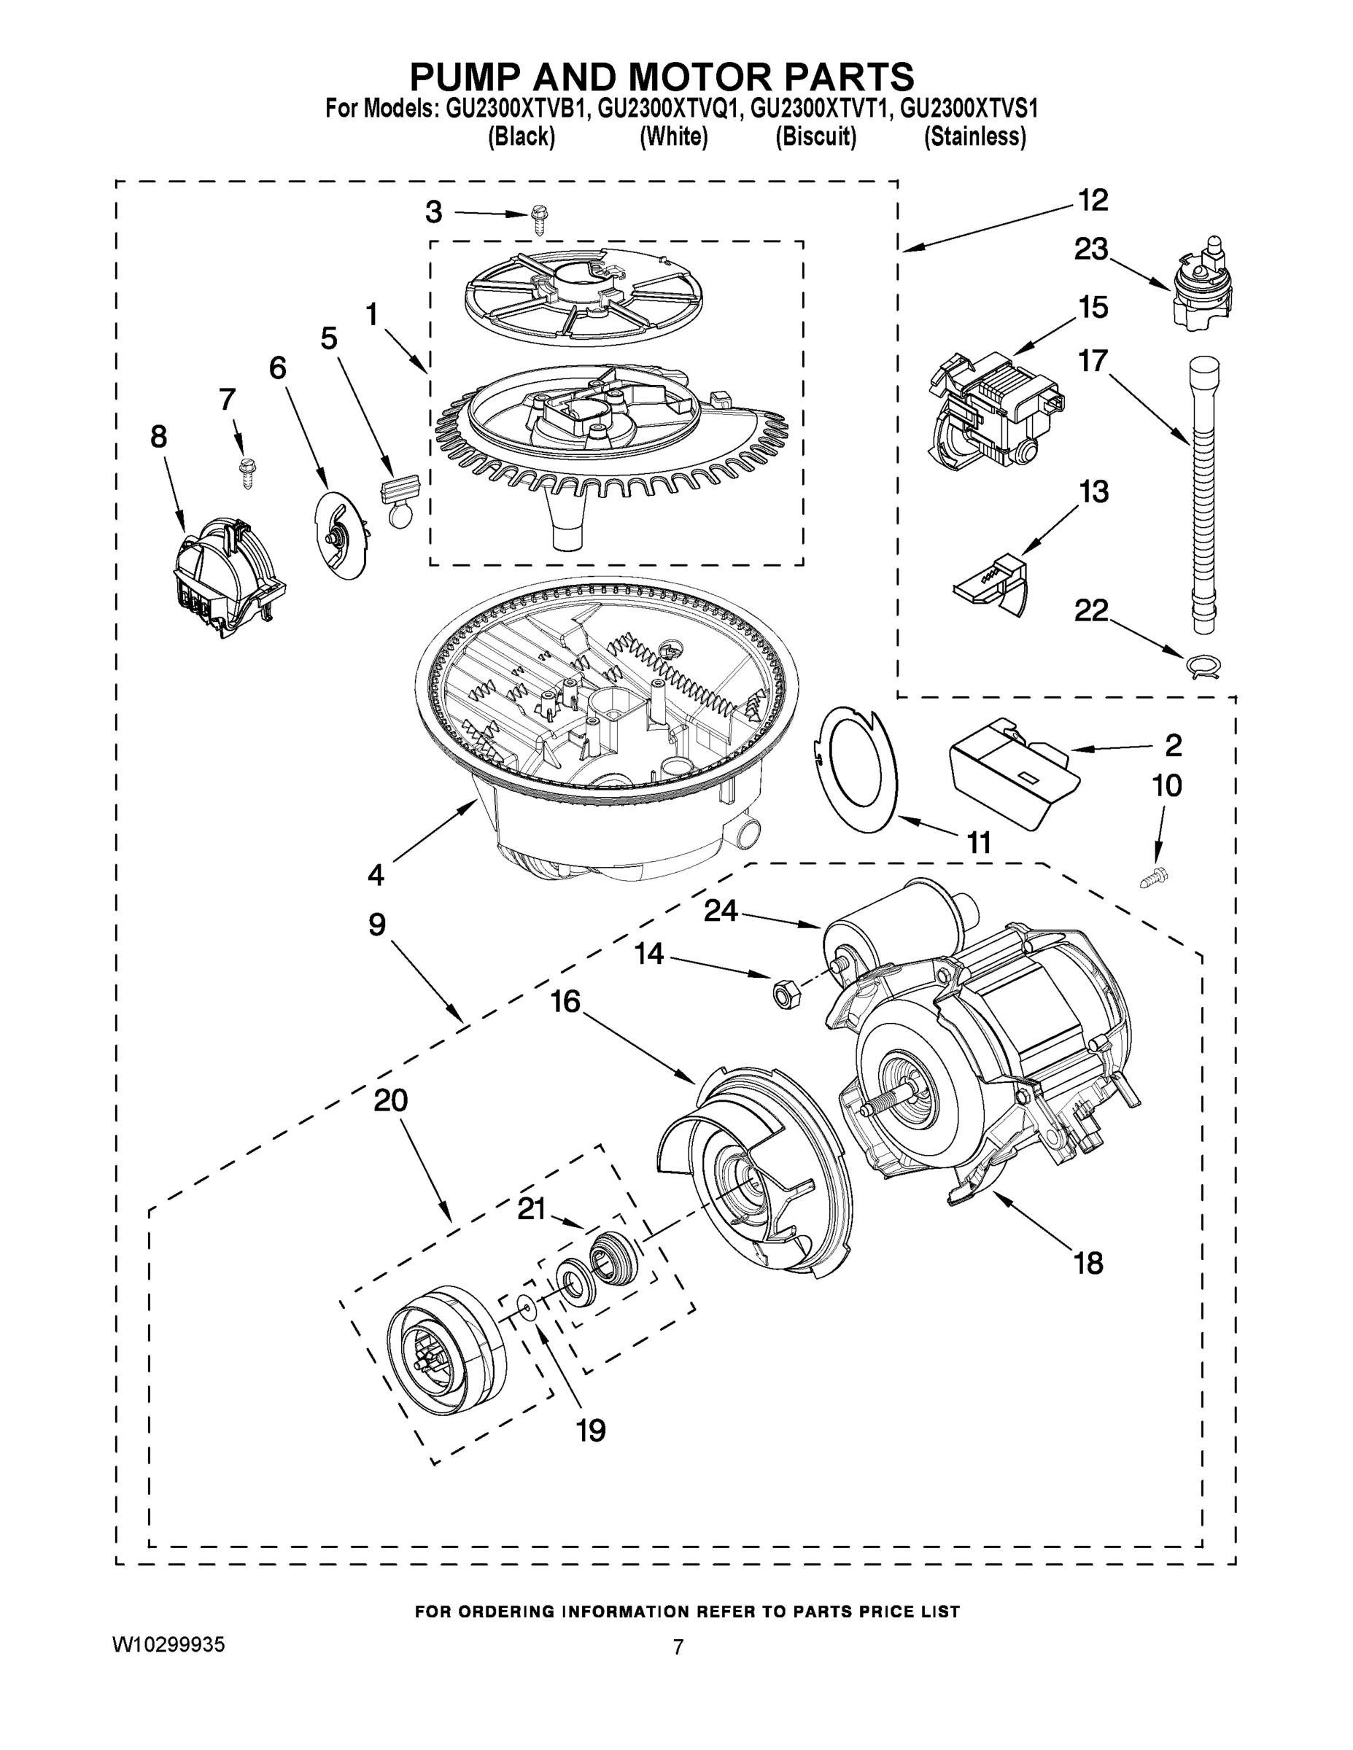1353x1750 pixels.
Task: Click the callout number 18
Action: click(1088, 1264)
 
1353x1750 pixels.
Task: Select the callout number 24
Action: click(720, 912)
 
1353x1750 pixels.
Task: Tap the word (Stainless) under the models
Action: click(974, 138)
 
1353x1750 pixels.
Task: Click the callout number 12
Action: click(1093, 201)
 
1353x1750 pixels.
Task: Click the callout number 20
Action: click(390, 1101)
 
